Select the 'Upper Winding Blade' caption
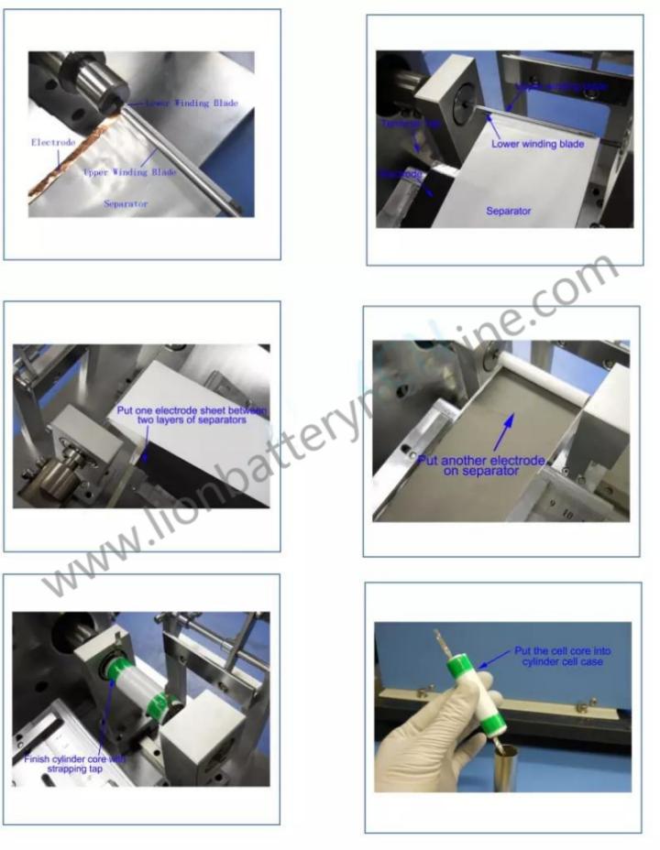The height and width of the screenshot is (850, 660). pos(129,171)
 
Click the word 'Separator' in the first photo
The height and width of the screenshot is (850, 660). pos(126,204)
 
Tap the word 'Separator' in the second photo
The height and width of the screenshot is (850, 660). pos(509,211)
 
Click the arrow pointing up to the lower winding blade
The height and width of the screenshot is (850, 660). pos(493,125)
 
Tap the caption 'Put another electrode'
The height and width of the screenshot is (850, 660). pos(481,460)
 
